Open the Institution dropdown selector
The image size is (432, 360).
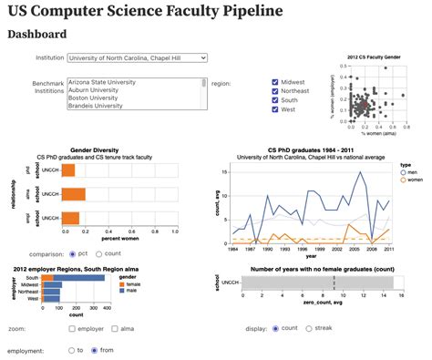[138, 57]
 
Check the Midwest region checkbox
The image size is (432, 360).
[275, 82]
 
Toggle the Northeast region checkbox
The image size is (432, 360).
[275, 92]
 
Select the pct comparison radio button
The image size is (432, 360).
[72, 253]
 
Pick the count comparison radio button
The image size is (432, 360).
[98, 253]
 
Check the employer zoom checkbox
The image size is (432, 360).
[72, 327]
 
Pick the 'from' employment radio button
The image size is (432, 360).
[93, 349]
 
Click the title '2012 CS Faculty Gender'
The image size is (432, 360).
[374, 57]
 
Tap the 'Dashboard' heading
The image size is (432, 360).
[36, 35]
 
